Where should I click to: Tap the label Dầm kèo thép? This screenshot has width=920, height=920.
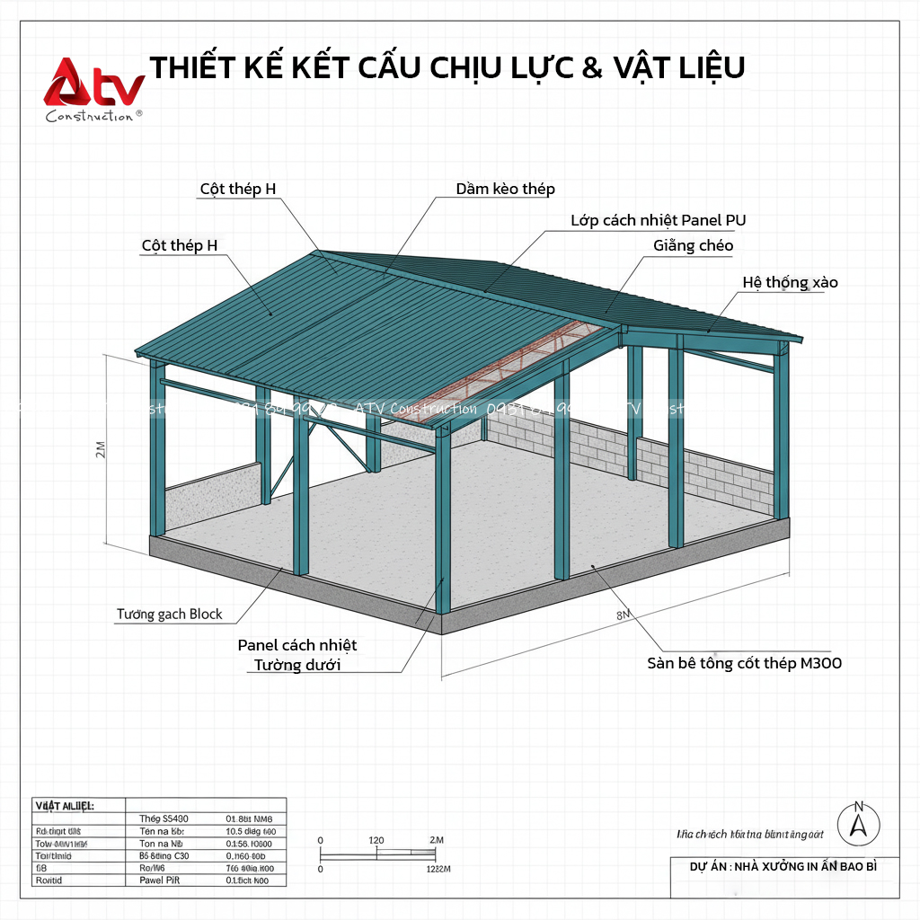coord(505,189)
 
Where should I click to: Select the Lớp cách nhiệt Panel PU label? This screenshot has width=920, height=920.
coord(658,220)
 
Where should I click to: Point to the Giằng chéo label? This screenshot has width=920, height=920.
coord(694,245)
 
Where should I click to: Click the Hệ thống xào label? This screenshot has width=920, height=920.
coord(790,282)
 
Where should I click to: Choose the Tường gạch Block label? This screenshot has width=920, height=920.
coord(169,615)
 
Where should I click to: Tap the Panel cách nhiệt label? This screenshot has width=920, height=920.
coord(297,645)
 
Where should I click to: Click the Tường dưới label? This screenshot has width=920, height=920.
coord(297,666)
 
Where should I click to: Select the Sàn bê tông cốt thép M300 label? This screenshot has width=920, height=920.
coord(744,663)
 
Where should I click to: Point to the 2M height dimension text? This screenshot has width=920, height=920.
coord(101,449)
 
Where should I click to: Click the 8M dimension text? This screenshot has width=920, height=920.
coord(624,615)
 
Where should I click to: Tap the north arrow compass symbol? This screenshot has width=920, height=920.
coord(858,821)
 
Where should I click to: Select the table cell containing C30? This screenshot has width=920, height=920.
coord(164,856)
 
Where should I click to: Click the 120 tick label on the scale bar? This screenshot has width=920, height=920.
coord(376,840)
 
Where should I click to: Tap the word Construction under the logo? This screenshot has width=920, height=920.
coord(89,116)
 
